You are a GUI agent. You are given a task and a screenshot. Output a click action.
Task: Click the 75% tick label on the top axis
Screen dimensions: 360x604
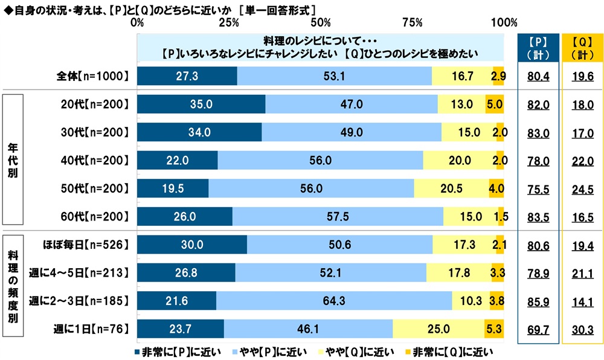(x=412, y=23)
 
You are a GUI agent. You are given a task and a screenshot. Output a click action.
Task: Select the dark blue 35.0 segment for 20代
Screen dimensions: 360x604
(x=201, y=104)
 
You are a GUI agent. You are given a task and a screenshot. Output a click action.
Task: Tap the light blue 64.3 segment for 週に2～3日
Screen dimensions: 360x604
(x=334, y=300)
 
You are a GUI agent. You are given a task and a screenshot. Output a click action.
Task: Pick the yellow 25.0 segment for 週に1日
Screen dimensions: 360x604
(x=439, y=329)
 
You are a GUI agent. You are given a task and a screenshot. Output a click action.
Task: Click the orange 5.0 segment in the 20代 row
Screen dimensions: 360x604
(x=495, y=104)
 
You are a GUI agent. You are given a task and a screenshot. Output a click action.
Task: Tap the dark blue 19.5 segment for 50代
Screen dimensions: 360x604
(x=173, y=188)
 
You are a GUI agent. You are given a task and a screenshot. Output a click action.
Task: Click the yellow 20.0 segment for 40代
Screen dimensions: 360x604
(x=460, y=161)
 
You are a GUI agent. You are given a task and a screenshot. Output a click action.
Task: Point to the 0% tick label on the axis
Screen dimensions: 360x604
(x=138, y=23)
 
